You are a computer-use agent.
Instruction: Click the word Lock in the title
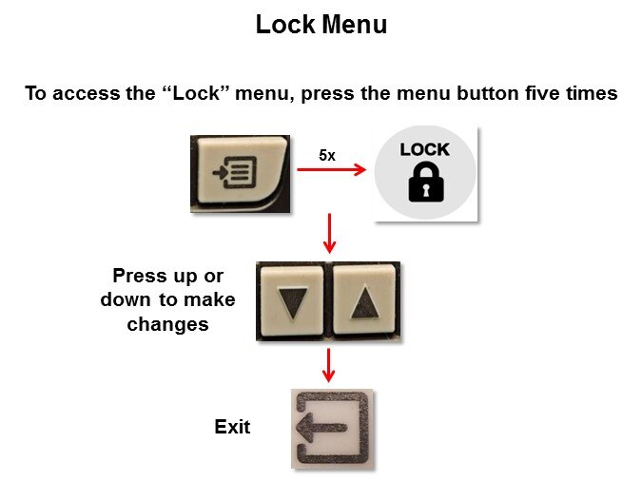[x=285, y=24]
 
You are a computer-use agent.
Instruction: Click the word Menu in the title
[x=354, y=24]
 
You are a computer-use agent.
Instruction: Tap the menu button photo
[x=241, y=174]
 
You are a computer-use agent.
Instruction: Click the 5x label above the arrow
[x=327, y=156]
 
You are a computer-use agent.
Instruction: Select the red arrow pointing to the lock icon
[x=332, y=169]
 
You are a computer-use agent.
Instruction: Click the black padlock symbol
[x=426, y=182]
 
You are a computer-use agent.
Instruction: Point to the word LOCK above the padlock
[x=424, y=150]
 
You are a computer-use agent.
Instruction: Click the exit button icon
[x=332, y=428]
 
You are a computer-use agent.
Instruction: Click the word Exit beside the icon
[x=232, y=427]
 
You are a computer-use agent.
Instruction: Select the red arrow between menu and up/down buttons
[x=329, y=233]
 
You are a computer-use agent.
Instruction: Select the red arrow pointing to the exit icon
[x=328, y=365]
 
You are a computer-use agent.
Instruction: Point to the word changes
[x=167, y=324]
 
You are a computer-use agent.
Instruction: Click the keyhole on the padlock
[x=426, y=191]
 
